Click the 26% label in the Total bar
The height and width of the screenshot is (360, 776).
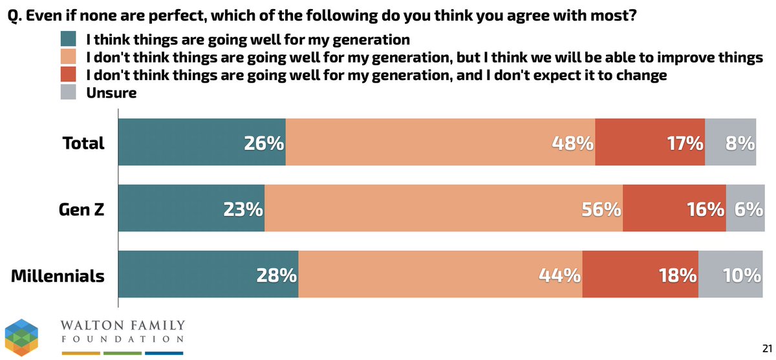(x=264, y=143)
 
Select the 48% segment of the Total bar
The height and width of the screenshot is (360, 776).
(x=440, y=143)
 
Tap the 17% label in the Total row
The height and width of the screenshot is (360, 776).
(x=685, y=143)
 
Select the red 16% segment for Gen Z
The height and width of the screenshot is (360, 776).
(x=674, y=209)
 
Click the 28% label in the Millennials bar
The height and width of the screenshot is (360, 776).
(x=277, y=276)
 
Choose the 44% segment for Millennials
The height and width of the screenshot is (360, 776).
(x=440, y=276)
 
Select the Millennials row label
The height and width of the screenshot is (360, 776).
(x=58, y=276)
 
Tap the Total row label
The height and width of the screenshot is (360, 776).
(x=83, y=143)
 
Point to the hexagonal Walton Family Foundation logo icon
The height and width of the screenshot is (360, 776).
(x=23, y=337)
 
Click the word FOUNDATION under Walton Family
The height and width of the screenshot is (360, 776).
(x=122, y=339)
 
